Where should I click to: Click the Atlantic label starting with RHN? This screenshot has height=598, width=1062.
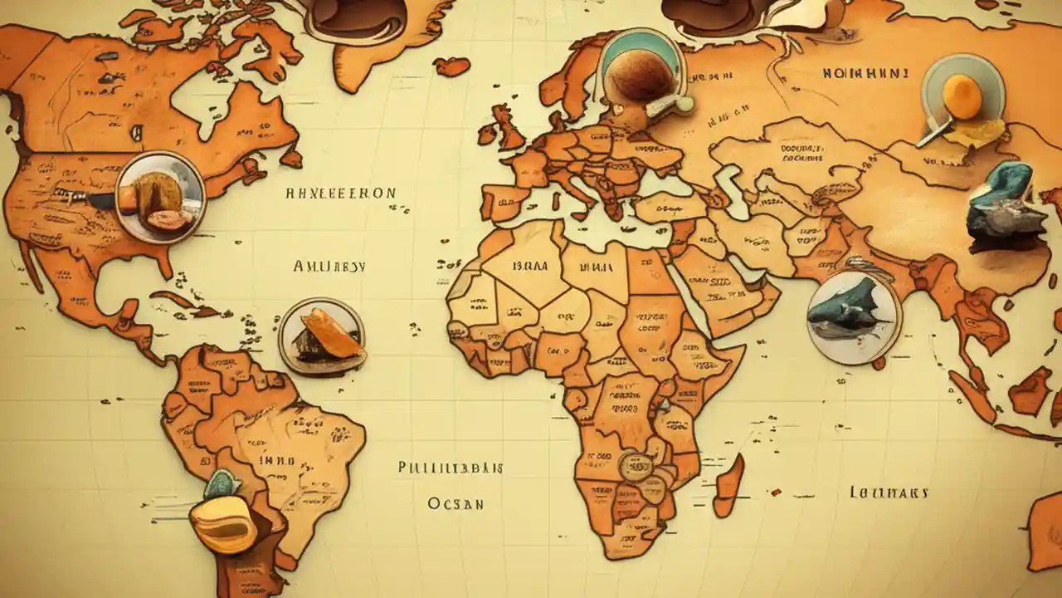pos(340,194)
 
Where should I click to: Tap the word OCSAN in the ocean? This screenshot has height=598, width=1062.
pos(455,503)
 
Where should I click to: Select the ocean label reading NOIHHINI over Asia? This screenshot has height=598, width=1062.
pos(865,73)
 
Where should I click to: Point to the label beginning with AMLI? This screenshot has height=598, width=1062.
pos(329,267)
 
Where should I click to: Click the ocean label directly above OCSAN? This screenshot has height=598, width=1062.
pos(450,468)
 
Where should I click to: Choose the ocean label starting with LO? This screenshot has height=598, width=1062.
pos(889,493)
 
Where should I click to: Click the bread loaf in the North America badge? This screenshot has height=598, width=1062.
pos(159,195)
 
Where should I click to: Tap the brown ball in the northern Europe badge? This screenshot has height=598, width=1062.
pos(640,75)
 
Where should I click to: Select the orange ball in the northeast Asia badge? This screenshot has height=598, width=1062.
pos(962,96)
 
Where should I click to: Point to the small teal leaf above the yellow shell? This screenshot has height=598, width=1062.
pos(222,483)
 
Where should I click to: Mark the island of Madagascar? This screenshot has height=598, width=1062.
pos(729,485)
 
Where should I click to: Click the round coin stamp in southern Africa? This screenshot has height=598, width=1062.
pos(634,468)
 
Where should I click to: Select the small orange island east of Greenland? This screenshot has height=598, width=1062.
pos(451,66)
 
